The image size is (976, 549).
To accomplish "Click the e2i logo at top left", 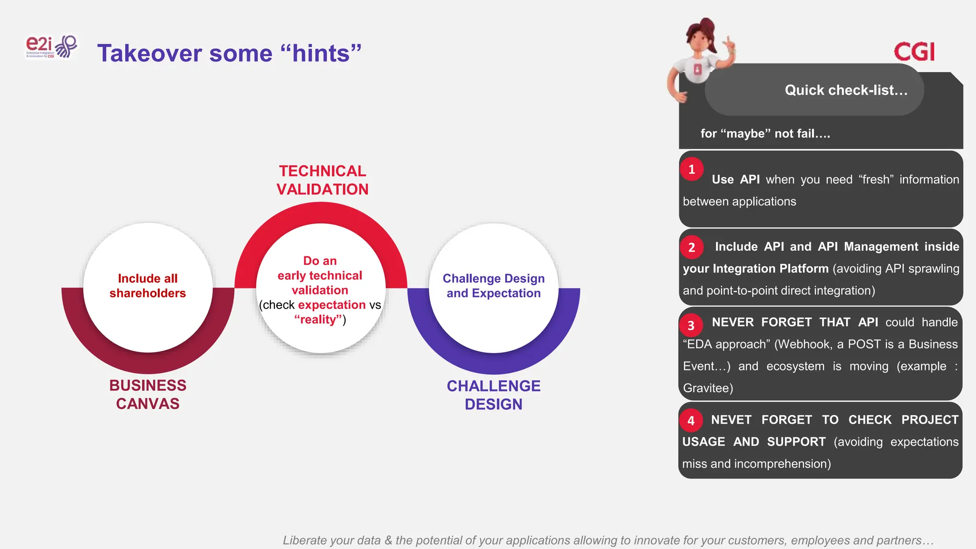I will [x=51, y=47].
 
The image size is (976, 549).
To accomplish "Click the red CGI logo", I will [x=914, y=52].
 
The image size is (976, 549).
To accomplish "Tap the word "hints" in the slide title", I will [x=321, y=53].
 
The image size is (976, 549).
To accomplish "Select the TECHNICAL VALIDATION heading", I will [x=323, y=180].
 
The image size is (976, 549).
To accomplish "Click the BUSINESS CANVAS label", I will [x=148, y=394].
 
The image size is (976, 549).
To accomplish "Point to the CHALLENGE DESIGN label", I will [x=493, y=395].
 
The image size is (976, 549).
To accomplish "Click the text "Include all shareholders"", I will [x=148, y=285].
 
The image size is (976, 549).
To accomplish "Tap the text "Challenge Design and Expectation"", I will [x=493, y=285].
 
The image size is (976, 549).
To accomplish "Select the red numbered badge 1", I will [x=691, y=170].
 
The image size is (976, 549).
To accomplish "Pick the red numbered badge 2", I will [x=691, y=247].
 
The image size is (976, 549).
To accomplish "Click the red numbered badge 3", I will [x=691, y=325].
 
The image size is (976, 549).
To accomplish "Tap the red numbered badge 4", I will [x=691, y=421].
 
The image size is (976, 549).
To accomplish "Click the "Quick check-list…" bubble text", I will [x=846, y=90].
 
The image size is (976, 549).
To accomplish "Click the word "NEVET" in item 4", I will [x=731, y=420].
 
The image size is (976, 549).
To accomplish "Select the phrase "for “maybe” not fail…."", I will [x=765, y=133].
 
